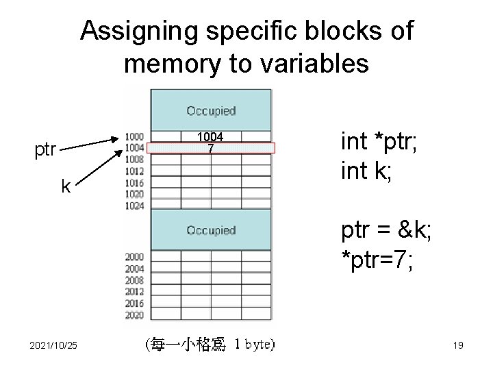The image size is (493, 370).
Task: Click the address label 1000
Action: point(134,136)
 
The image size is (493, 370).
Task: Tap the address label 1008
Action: point(134,158)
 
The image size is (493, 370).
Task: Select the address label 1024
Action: point(134,204)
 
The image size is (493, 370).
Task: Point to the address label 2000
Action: point(134,256)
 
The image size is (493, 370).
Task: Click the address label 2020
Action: point(134,314)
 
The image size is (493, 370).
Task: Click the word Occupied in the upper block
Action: point(211,110)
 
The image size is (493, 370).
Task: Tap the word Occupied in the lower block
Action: point(211,230)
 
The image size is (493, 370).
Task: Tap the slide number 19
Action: point(458,345)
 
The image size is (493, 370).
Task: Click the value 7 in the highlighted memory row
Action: point(211,148)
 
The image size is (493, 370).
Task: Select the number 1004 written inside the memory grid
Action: point(211,138)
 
